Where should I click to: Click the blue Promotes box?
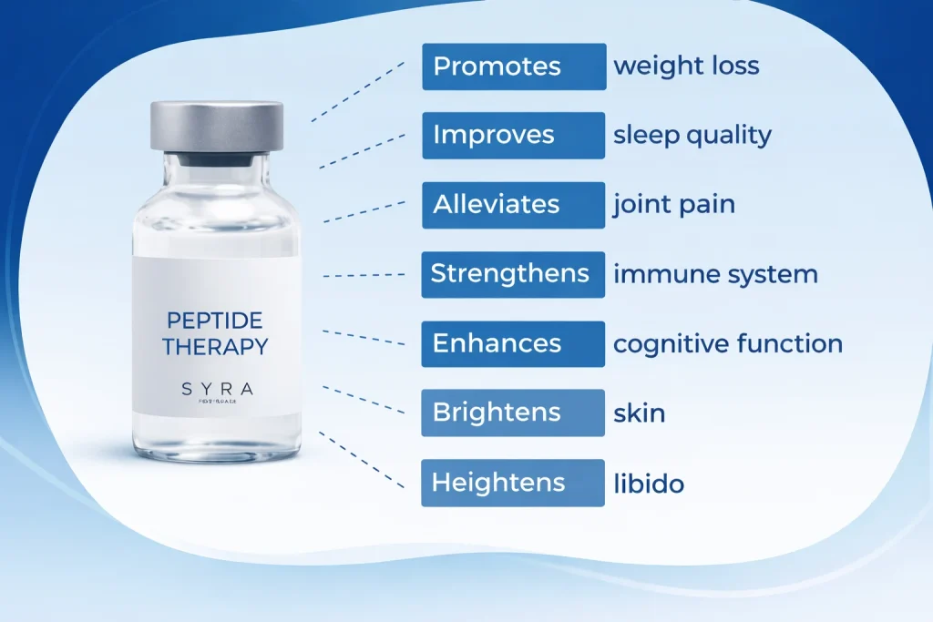(514, 66)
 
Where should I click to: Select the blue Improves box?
(514, 136)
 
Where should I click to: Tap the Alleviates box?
(514, 205)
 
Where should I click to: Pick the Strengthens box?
(513, 274)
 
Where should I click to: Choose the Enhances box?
(513, 344)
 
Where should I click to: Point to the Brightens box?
(513, 413)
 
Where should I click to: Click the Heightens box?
(513, 483)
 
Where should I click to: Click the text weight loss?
(686, 66)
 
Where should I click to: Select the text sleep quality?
(692, 136)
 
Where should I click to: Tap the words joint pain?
(674, 205)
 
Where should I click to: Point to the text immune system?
(715, 274)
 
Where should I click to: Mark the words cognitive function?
(728, 344)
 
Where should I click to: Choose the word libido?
(649, 484)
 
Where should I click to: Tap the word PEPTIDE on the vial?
(216, 321)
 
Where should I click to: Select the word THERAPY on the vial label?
(216, 347)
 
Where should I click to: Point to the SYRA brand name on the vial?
(217, 390)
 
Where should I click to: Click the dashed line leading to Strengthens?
(364, 274)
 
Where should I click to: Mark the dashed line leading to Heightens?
(362, 461)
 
